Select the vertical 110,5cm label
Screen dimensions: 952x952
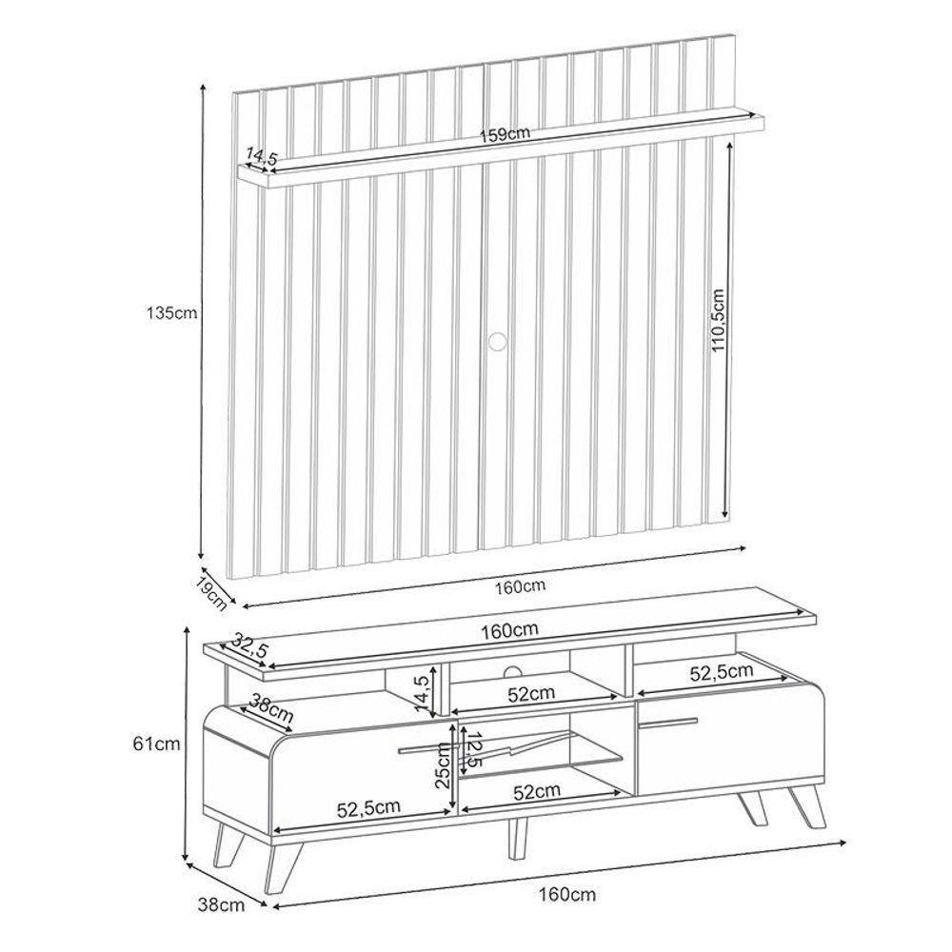[x=720, y=322]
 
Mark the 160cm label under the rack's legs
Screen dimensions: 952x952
[x=567, y=894]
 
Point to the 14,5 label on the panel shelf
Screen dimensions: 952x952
[x=261, y=156]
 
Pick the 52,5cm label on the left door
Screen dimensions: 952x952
[x=367, y=808]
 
